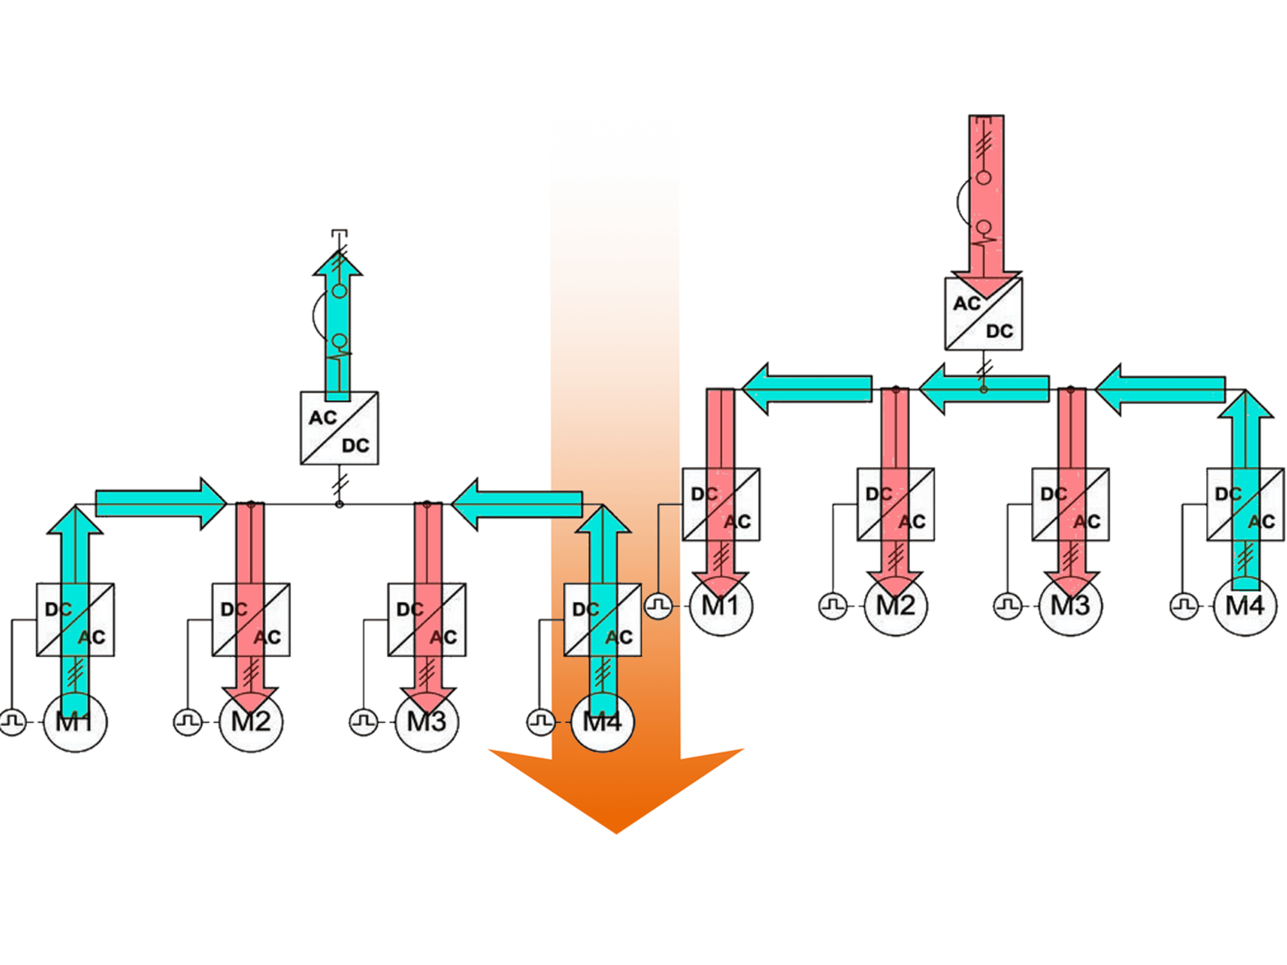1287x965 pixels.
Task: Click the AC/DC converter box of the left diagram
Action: coord(339,428)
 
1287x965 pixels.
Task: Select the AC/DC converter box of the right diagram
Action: coord(983,314)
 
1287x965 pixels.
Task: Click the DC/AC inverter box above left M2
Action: coord(251,620)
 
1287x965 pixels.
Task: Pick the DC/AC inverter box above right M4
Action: coord(1245,505)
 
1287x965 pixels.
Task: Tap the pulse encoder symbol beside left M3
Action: coord(364,721)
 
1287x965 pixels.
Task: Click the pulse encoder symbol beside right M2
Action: coord(833,606)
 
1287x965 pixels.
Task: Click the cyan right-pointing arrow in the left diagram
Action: coord(161,503)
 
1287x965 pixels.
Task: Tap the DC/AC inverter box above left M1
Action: coord(75,620)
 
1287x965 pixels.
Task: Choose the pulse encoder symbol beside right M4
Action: coord(1183,606)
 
